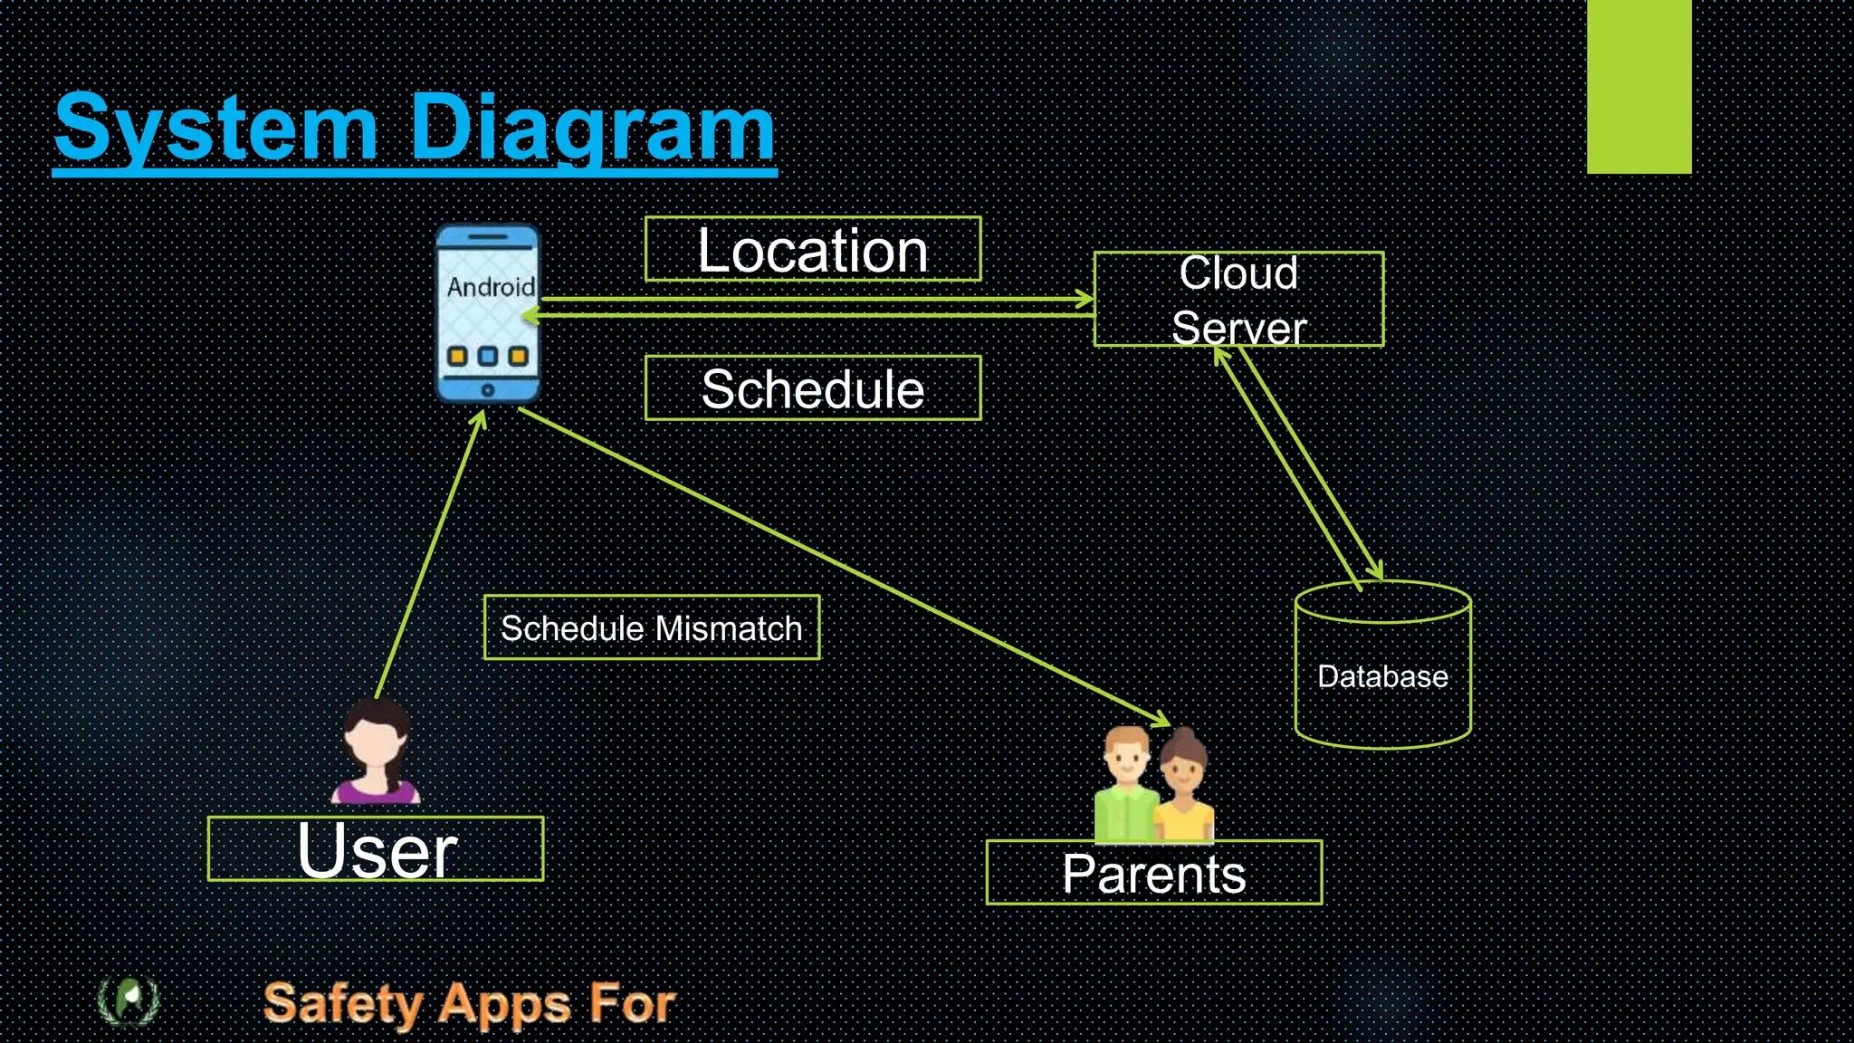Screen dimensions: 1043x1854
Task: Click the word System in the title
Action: click(x=215, y=129)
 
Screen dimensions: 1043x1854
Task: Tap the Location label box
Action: click(x=812, y=250)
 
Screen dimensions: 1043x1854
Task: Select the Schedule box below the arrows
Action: click(x=812, y=388)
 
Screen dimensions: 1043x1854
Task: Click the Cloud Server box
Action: click(x=1238, y=300)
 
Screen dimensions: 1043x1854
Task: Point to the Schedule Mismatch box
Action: click(x=652, y=627)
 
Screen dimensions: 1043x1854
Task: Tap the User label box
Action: click(x=376, y=849)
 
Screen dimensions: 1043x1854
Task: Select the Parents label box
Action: click(x=1153, y=873)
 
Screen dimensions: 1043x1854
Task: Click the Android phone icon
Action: click(x=488, y=313)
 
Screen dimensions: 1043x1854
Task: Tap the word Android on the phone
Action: click(x=491, y=287)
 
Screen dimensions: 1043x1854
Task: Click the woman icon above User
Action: click(x=377, y=751)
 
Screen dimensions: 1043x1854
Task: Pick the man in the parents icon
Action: click(x=1125, y=783)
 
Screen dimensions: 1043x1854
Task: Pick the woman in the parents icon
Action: click(x=1183, y=788)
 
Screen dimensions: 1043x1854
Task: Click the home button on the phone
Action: click(x=487, y=390)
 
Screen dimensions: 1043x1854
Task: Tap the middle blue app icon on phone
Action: click(x=488, y=356)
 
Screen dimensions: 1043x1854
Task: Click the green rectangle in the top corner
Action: click(x=1639, y=86)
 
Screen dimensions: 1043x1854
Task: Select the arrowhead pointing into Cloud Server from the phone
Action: click(x=1085, y=299)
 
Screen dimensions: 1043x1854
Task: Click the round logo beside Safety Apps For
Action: click(x=129, y=1000)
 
